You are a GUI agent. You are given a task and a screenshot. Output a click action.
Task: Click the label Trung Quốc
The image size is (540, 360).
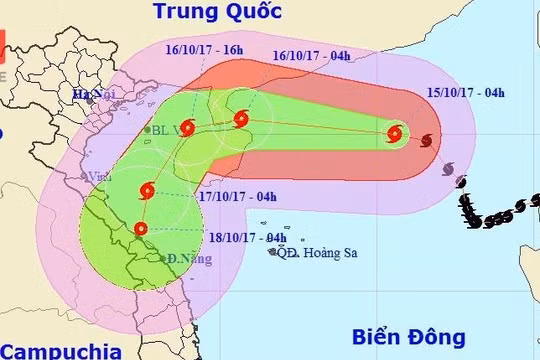pos(218,12)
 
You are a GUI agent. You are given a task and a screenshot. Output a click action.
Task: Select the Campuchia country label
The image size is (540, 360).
pos(59,351)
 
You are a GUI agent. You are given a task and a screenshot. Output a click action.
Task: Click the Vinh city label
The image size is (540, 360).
pos(97,176)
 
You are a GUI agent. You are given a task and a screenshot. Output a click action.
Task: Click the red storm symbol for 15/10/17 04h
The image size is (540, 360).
pos(396,134)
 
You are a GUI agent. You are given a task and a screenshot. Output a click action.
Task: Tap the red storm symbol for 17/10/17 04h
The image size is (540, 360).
pos(148,190)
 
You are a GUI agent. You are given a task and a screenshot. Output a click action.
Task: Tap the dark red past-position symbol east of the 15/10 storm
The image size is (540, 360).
pos(428,141)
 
